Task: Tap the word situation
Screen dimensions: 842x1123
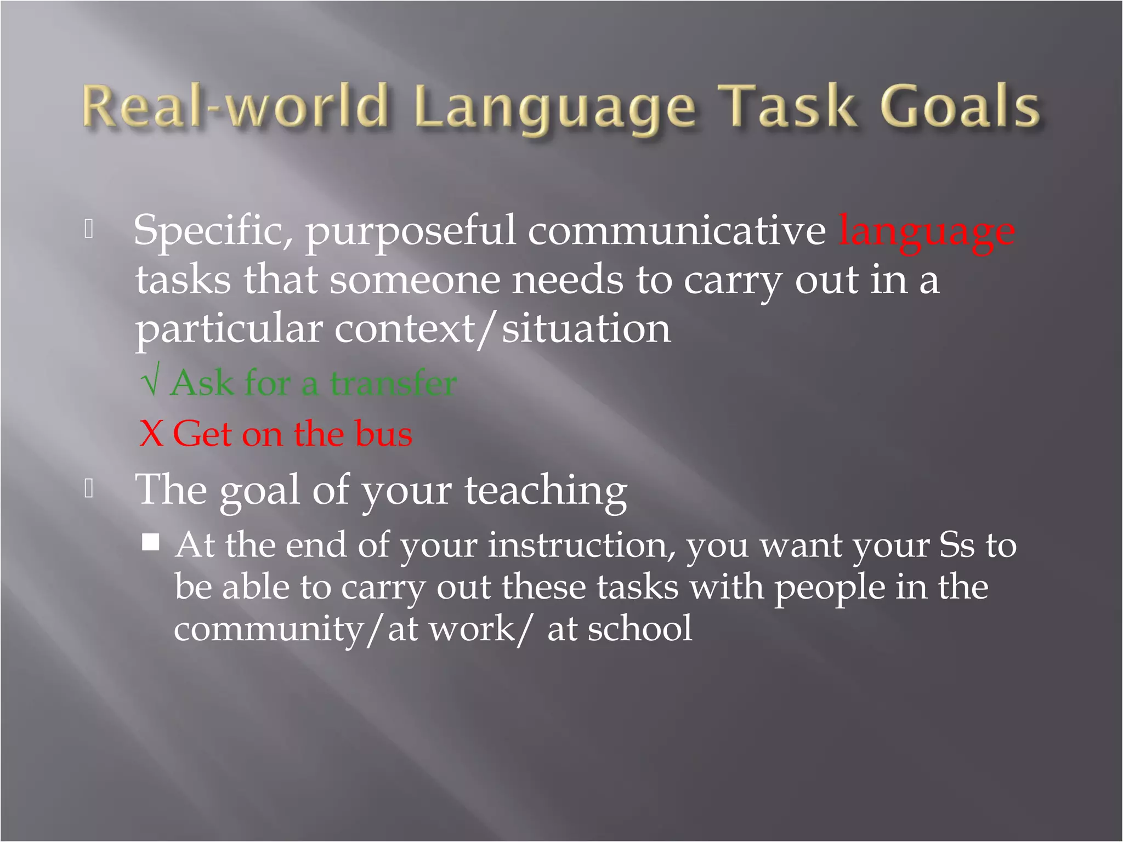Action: (586, 329)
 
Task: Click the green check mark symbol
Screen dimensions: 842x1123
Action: (150, 382)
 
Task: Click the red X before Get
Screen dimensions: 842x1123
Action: (151, 434)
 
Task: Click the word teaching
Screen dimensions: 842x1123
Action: (546, 490)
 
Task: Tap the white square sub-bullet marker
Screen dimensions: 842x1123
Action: (151, 542)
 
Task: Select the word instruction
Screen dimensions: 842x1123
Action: (582, 546)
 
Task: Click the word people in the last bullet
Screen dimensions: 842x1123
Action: (830, 588)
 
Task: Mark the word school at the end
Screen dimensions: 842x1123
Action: (640, 628)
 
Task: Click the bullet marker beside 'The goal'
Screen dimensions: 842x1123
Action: (89, 488)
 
